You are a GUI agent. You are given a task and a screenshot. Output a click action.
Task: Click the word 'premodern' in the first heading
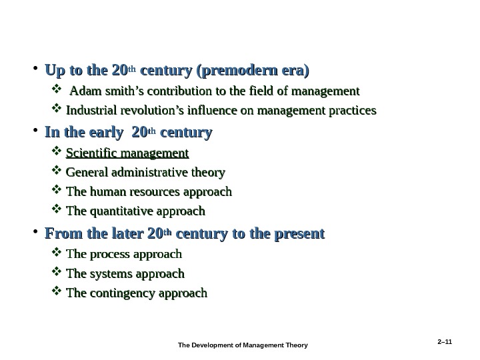pos(244,70)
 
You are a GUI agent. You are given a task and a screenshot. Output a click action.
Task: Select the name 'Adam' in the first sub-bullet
pos(85,91)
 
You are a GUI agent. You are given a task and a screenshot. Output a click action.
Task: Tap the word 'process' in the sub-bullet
pos(109,254)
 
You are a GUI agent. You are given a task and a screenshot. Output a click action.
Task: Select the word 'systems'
pos(111,273)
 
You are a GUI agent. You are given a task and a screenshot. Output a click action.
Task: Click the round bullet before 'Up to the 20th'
pos(34,71)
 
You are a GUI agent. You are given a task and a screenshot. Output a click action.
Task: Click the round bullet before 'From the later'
pos(34,235)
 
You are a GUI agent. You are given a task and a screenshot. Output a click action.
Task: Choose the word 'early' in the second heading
pos(110,133)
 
